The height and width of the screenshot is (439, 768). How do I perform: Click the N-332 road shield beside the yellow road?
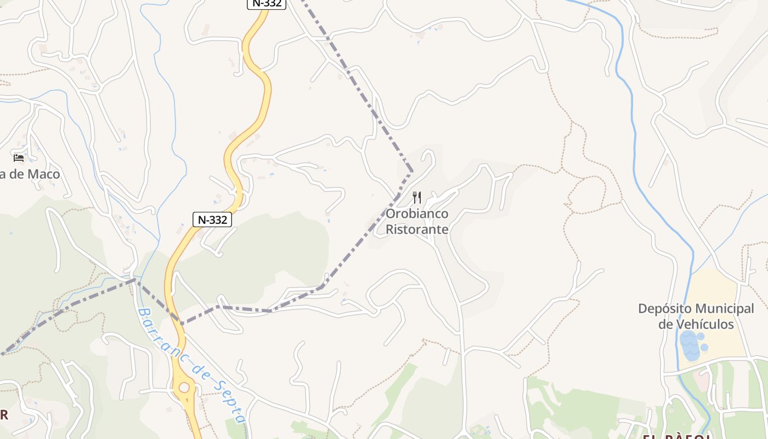point(212,219)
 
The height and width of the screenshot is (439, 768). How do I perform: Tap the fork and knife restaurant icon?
point(417,198)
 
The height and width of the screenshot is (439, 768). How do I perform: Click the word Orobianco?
point(417,213)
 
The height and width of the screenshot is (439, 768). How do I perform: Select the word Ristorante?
point(417,229)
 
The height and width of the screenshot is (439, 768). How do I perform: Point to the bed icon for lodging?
point(19,158)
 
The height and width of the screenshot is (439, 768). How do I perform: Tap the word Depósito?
point(665,309)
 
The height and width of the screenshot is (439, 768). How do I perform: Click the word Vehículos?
point(705,324)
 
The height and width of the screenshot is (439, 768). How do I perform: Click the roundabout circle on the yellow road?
point(184,388)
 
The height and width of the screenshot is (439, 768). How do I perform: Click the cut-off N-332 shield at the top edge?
point(267,3)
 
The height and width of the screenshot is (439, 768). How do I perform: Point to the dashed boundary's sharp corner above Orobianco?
point(411,172)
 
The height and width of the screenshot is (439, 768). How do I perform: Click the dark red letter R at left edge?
point(4,414)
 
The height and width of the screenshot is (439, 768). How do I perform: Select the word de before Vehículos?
point(666,324)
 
